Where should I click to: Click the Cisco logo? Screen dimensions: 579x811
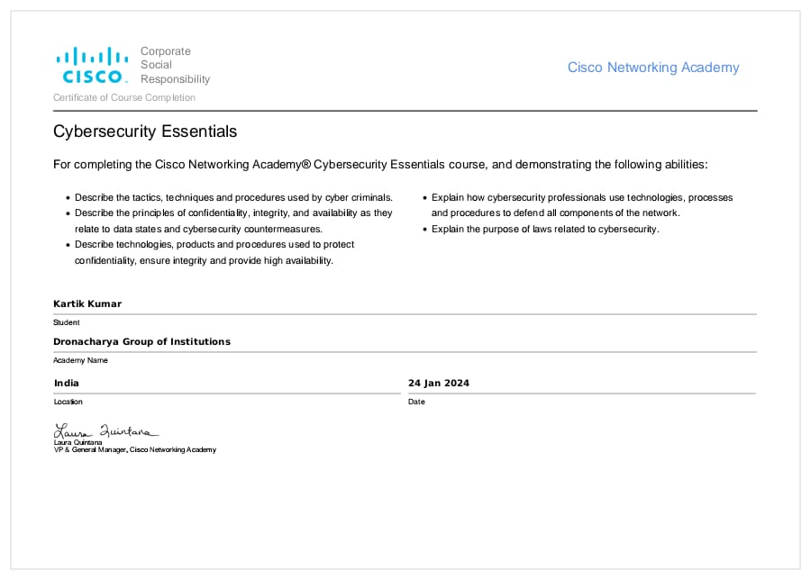[x=92, y=65]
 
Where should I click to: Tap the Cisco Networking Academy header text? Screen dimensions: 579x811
[x=652, y=68]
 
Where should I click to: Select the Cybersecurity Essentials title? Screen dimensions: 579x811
[x=145, y=131]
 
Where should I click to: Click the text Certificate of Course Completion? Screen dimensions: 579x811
[x=124, y=97]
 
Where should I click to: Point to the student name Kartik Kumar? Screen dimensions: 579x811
[x=87, y=303]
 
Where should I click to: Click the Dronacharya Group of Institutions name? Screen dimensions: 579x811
[x=141, y=341]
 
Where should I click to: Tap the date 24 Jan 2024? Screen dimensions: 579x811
[x=439, y=383]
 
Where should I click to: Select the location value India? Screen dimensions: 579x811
[x=67, y=383]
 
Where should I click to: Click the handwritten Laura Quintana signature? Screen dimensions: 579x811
[x=105, y=430]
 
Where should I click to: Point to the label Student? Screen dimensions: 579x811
[x=67, y=322]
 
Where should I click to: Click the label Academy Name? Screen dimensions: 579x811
[x=80, y=360]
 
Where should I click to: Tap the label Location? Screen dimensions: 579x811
[x=68, y=402]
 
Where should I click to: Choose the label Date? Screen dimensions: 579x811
[x=416, y=402]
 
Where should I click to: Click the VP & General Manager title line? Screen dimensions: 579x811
[x=135, y=449]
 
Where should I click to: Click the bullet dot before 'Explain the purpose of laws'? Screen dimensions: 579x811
[x=424, y=230]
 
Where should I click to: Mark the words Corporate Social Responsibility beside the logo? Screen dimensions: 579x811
[x=175, y=65]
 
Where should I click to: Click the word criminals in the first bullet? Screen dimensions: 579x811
[x=371, y=197]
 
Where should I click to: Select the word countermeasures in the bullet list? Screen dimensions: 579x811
[x=245, y=229]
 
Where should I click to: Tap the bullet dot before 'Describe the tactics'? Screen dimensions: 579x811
[x=68, y=198]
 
